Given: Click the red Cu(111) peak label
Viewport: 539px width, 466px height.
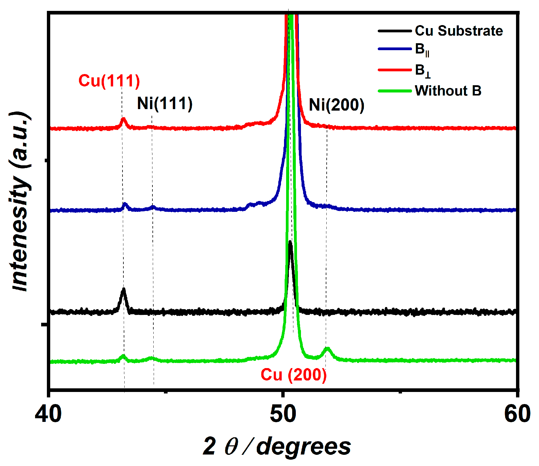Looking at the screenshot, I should click(109, 81).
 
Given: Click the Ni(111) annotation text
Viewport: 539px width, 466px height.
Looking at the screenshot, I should click(165, 104).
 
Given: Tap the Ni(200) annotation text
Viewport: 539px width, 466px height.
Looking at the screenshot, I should click(336, 105).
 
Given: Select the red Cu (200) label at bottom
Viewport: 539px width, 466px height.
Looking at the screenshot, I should click(294, 375).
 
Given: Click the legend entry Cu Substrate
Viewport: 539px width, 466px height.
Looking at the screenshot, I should click(459, 31).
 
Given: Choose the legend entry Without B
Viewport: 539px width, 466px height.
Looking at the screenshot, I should click(448, 91).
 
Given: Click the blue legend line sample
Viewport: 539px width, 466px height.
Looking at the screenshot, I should click(395, 49).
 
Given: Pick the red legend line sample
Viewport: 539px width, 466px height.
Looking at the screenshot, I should click(395, 70).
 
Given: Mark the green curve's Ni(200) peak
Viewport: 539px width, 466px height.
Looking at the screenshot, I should click(328, 349).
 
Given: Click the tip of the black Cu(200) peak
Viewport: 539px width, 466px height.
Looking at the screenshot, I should click(290, 242).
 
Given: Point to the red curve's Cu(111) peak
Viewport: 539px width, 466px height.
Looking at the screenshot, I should click(123, 119).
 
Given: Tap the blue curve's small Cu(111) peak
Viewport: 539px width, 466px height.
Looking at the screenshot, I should click(125, 204).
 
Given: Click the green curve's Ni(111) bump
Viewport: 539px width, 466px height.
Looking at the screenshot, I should click(151, 358).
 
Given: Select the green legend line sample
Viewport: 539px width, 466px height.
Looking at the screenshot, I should click(395, 91).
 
